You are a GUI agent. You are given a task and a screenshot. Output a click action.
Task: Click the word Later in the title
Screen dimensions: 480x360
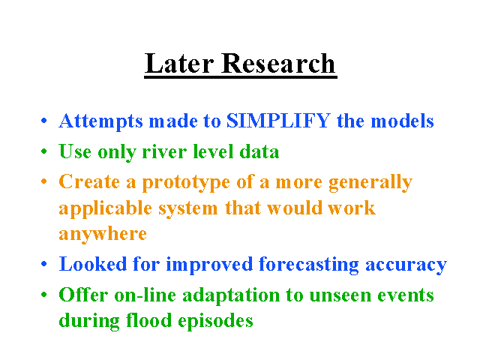(179, 63)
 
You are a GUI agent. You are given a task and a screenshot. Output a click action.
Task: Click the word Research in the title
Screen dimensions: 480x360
(278, 63)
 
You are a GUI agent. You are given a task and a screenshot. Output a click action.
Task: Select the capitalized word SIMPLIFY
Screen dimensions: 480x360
(278, 121)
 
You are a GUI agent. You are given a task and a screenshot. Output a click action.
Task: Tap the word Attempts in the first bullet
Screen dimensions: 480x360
(100, 121)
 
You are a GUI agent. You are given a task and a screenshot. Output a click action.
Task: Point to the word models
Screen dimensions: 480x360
(402, 121)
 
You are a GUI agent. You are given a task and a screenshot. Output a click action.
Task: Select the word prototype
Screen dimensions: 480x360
(186, 183)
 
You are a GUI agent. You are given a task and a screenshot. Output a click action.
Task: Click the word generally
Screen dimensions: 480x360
(370, 183)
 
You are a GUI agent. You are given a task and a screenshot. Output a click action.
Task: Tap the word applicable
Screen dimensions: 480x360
(105, 208)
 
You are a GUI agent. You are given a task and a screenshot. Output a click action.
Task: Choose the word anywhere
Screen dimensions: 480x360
(103, 235)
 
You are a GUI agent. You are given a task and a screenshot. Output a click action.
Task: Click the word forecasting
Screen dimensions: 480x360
(308, 265)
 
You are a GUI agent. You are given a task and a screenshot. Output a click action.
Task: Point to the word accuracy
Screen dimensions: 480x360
(406, 265)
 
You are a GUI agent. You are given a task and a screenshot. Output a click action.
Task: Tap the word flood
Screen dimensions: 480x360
(148, 320)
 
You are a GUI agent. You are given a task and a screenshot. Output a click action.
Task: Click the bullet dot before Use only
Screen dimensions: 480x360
(44, 151)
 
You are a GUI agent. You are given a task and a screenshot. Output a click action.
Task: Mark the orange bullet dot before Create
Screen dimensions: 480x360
(44, 181)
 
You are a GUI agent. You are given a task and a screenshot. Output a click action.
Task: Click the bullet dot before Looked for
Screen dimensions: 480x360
(44, 264)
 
